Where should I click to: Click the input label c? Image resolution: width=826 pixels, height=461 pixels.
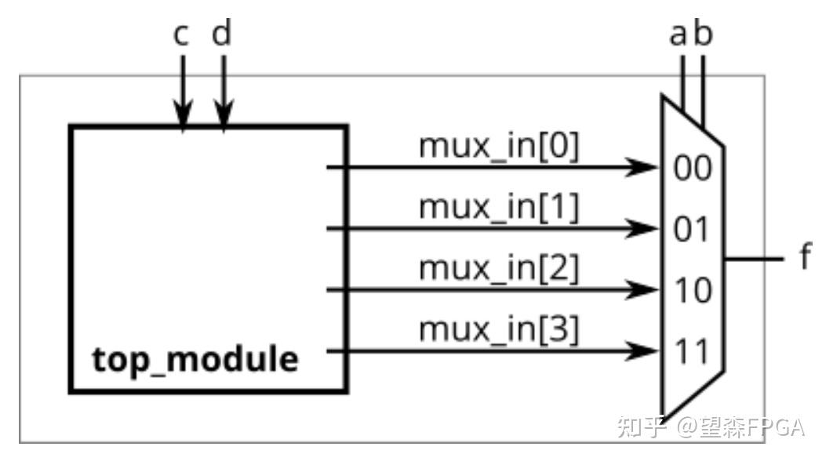pos(180,35)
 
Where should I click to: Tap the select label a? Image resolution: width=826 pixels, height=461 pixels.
pos(678,35)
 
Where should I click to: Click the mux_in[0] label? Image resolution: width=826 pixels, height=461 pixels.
pos(498,146)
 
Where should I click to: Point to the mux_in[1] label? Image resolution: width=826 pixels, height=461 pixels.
pos(498,207)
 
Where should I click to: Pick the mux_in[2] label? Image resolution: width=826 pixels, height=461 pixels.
pos(498,268)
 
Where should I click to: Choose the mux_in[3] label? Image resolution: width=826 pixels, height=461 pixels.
pos(498,329)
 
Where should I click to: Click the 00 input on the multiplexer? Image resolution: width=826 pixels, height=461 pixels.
pos(692,169)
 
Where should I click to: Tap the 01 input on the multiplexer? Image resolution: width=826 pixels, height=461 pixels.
pos(690,230)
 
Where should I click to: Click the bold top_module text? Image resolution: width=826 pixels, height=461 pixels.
pos(195,360)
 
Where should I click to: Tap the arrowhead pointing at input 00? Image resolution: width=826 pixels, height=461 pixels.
pos(642,167)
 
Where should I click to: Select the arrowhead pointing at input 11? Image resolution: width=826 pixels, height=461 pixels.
pos(642,350)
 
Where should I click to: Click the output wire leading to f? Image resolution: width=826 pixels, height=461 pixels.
pos(755,259)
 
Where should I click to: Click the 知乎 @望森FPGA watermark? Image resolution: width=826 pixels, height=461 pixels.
pos(711,427)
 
